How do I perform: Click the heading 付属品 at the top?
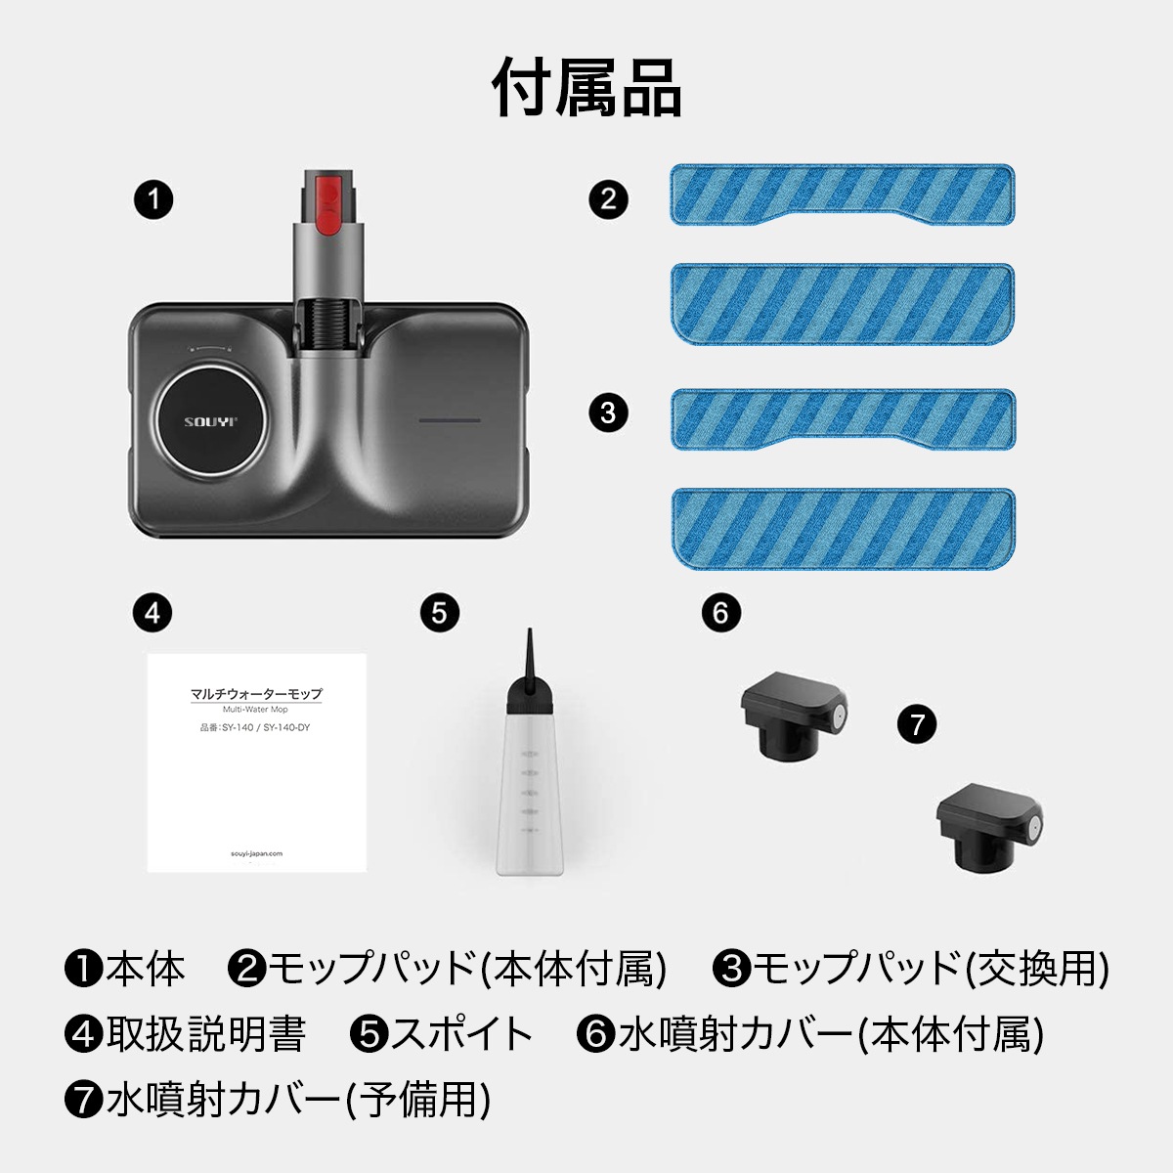(x=586, y=88)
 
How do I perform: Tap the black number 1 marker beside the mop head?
(x=153, y=199)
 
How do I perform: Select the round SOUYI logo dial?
(x=210, y=421)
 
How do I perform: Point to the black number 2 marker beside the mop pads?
(x=608, y=199)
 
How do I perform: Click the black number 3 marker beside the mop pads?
(x=608, y=413)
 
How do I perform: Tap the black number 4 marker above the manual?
(x=152, y=613)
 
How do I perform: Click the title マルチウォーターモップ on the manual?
(x=256, y=694)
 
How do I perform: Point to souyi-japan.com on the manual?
(x=256, y=853)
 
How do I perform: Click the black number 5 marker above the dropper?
(x=440, y=613)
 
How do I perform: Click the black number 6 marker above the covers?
(x=720, y=613)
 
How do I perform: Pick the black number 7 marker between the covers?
(x=917, y=724)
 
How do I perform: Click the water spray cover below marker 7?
(x=989, y=827)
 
